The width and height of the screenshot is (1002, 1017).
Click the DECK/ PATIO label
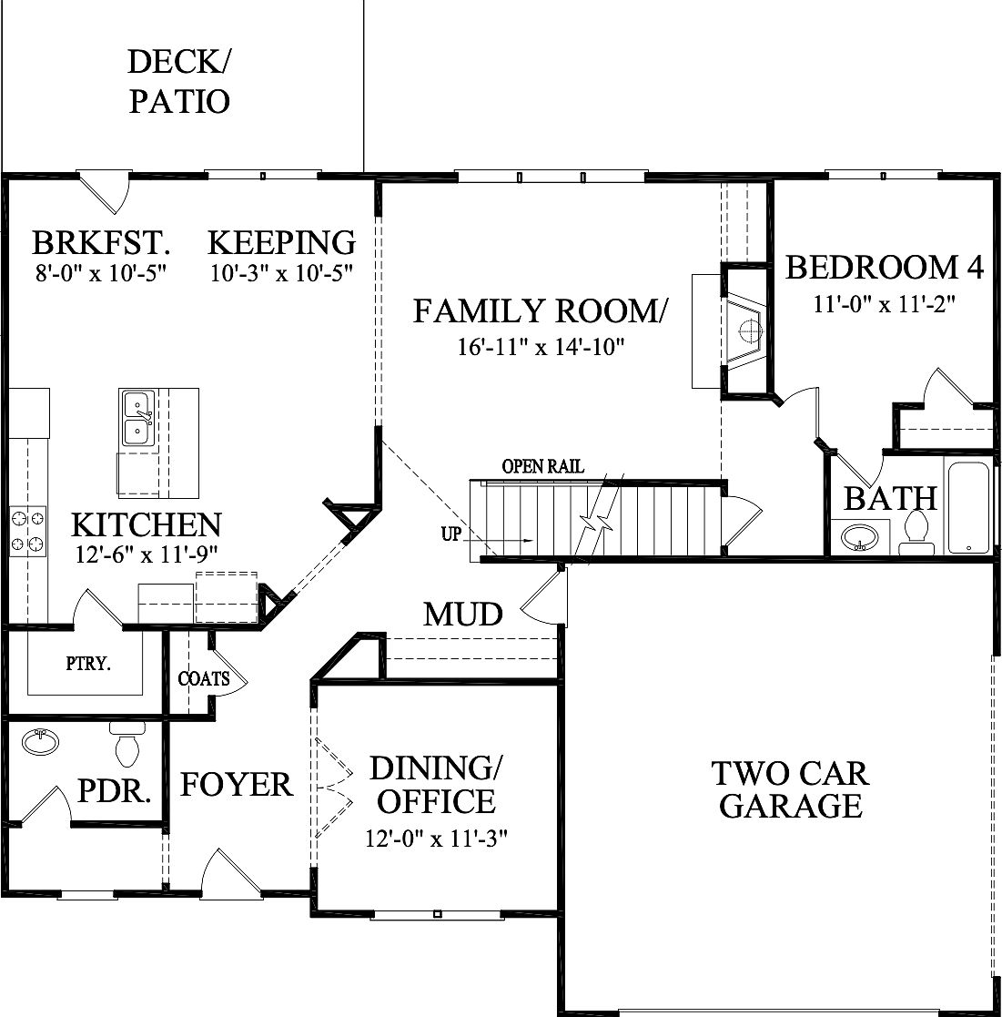click(178, 82)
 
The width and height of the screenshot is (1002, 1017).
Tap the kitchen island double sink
click(137, 418)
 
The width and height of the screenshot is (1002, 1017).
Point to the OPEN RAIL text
click(542, 467)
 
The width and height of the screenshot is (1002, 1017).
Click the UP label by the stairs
click(451, 534)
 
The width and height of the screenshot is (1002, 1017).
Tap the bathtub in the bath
click(968, 507)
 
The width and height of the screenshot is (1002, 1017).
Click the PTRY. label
click(88, 664)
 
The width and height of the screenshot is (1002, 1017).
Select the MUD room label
click(463, 615)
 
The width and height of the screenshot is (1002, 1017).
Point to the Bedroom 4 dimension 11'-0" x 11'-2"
click(884, 302)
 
